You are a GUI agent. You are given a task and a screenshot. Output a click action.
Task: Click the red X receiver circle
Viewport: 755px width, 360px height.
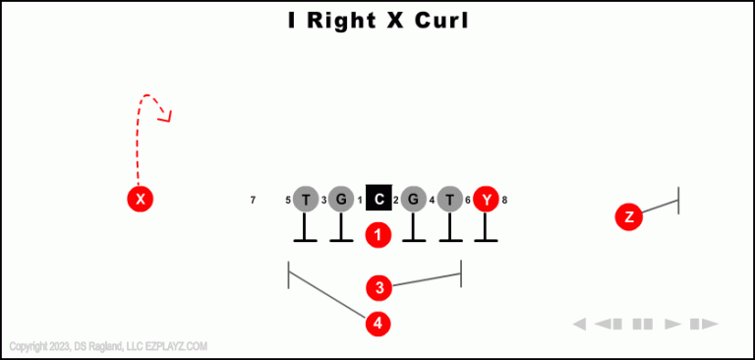pos(141,200)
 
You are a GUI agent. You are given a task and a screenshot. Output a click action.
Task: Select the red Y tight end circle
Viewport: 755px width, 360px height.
pos(486,200)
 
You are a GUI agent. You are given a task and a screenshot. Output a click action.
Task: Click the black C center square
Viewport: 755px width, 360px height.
pos(378,200)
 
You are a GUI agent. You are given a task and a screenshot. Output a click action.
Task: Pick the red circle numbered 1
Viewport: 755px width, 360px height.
pos(378,235)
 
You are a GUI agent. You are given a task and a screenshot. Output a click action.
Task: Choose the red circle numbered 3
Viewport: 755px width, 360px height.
pos(379,288)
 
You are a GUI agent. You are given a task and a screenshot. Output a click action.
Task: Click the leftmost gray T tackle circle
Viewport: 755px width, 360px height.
pos(306,200)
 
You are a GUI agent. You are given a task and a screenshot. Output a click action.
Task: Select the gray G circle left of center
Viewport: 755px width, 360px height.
pos(340,200)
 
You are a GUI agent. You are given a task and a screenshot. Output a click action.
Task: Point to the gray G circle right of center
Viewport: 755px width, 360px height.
pos(414,200)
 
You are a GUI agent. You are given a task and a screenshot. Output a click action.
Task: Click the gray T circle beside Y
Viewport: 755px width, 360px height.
pos(449,200)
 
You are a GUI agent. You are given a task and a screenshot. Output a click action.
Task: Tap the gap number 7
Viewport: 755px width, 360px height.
pos(253,201)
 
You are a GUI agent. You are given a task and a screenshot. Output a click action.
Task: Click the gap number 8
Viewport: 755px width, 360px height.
pos(504,201)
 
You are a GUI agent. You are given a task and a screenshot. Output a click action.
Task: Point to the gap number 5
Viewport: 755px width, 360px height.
pos(288,201)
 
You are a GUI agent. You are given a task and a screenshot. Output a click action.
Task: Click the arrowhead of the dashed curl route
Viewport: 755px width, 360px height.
pos(167,118)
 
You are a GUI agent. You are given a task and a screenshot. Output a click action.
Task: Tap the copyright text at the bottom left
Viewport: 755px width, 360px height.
pos(108,346)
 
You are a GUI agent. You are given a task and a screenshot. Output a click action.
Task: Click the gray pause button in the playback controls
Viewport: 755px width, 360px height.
pos(643,324)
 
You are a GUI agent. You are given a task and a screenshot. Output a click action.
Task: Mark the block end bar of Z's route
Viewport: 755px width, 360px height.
pos(678,200)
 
